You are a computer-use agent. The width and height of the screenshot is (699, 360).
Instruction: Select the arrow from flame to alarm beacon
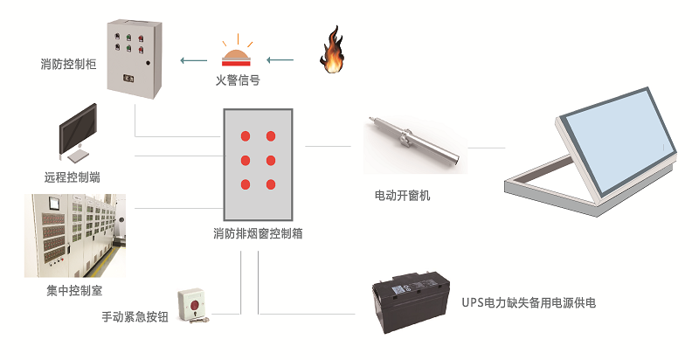(x=280, y=60)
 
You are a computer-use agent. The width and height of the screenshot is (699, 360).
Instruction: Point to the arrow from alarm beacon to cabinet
(x=193, y=60)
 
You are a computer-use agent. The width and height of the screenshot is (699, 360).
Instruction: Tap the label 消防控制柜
(x=69, y=64)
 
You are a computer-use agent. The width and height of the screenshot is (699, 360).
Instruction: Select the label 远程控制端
(x=72, y=177)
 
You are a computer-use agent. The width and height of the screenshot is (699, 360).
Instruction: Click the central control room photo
(x=74, y=235)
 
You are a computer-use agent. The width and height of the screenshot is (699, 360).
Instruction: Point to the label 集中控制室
(x=68, y=289)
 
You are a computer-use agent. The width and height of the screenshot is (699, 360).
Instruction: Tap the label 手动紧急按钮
(x=134, y=317)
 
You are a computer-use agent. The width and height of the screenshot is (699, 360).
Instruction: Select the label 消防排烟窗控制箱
(x=258, y=234)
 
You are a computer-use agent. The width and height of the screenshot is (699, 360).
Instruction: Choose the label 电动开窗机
(x=402, y=196)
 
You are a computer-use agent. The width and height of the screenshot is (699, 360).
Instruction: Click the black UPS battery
(x=411, y=303)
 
